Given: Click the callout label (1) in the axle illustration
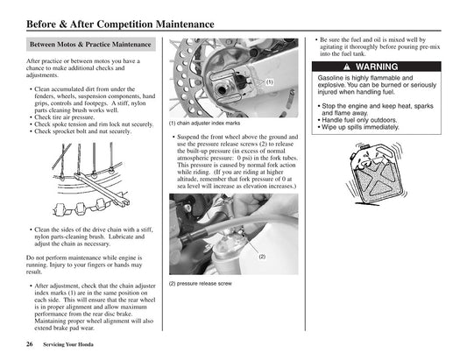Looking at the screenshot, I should click(271, 81).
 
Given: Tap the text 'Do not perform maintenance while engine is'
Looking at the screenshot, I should click(88, 258).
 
